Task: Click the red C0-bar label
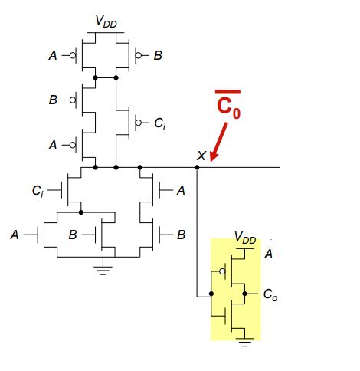click(227, 107)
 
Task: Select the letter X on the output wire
click(201, 156)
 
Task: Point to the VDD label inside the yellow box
click(244, 237)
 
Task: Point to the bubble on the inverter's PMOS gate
click(221, 271)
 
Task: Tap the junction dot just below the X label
click(197, 166)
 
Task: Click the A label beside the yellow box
click(268, 253)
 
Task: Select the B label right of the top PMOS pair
click(158, 55)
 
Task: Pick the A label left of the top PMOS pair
click(52, 55)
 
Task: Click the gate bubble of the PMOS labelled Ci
click(139, 121)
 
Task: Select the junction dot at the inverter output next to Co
click(244, 293)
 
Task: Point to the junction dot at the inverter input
click(211, 293)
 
